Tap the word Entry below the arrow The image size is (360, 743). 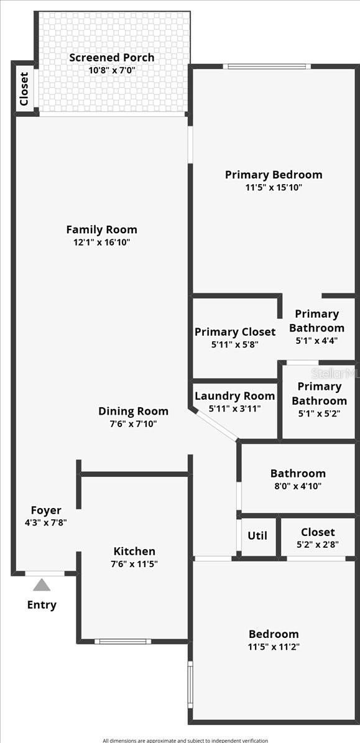tap(42, 605)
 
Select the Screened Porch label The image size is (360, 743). tap(112, 57)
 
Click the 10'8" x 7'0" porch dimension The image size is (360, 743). tap(112, 70)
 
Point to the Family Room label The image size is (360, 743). tap(102, 230)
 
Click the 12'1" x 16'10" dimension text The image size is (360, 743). tap(102, 242)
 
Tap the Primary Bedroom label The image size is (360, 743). tap(274, 175)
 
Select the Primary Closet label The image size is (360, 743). tap(235, 331)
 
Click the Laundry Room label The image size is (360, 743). tap(235, 396)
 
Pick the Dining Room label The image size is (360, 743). tap(133, 412)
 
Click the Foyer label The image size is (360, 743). tap(46, 510)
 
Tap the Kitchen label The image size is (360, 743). tap(134, 551)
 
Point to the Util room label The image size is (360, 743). tap(257, 535)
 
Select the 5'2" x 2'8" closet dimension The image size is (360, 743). tap(317, 545)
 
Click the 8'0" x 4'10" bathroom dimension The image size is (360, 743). tap(298, 486)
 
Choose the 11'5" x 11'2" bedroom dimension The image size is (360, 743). tap(274, 647)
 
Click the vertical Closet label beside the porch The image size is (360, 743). tap(24, 89)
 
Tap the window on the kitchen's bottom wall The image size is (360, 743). tap(122, 642)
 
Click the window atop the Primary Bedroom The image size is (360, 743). tap(264, 67)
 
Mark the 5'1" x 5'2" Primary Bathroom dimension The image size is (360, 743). tap(319, 413)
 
